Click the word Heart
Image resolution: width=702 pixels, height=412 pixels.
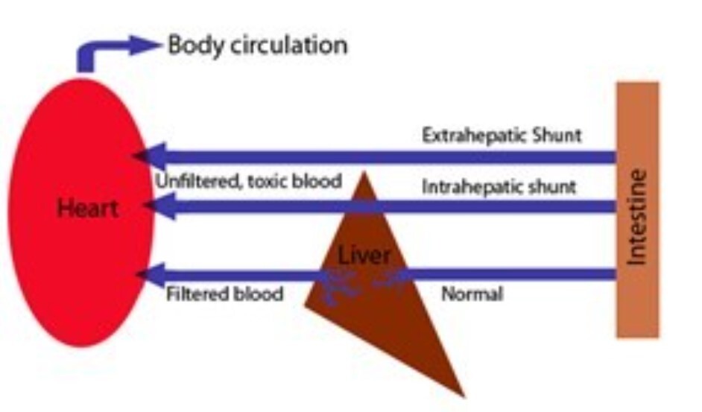pos(87,208)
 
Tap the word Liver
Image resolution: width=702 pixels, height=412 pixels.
pos(364,256)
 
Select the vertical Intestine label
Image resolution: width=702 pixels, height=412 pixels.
pos(637,217)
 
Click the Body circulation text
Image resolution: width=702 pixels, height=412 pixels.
pos(257,45)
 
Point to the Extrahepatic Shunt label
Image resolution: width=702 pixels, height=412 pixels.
pos(502,136)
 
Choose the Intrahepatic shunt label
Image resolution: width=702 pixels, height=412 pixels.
pos(499,186)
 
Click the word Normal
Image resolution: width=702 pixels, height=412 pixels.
pos(472,294)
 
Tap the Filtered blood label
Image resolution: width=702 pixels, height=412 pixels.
pos(224,294)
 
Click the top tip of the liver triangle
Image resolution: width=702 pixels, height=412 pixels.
pos(364,174)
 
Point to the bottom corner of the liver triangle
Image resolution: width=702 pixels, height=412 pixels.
pos(463,395)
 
